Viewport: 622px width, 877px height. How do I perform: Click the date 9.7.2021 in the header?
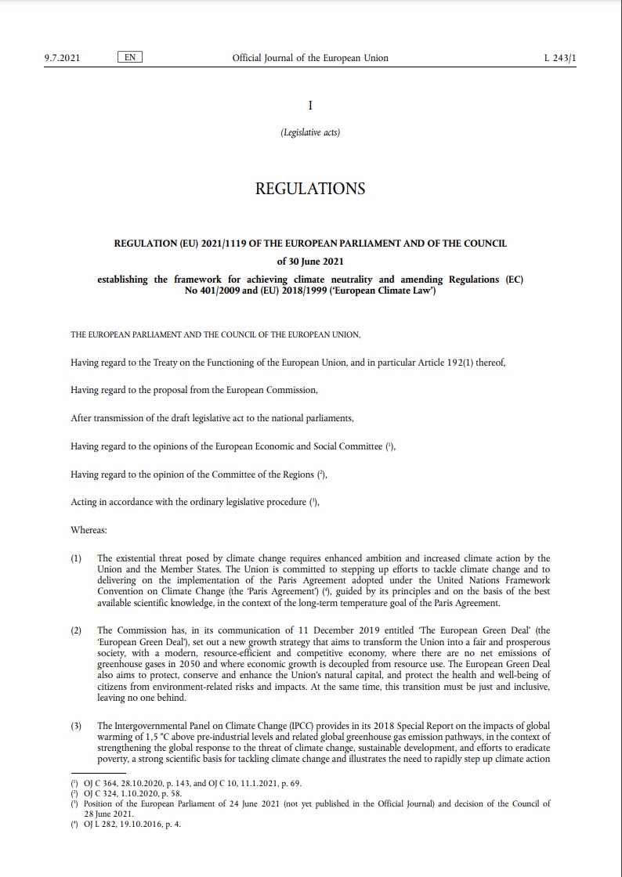click(x=62, y=58)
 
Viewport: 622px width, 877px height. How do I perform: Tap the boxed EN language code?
click(x=130, y=58)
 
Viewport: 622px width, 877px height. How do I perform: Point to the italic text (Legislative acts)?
click(x=310, y=132)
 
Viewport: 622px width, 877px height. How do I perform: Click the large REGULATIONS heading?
click(x=310, y=189)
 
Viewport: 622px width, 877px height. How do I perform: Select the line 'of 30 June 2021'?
click(x=310, y=262)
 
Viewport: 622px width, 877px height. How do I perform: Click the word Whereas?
click(x=89, y=530)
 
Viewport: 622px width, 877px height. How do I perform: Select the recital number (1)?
click(x=77, y=559)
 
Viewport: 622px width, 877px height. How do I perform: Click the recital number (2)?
click(x=77, y=630)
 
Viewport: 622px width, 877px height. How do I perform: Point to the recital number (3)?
click(x=77, y=727)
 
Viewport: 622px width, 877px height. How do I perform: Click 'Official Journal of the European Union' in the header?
click(x=310, y=58)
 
